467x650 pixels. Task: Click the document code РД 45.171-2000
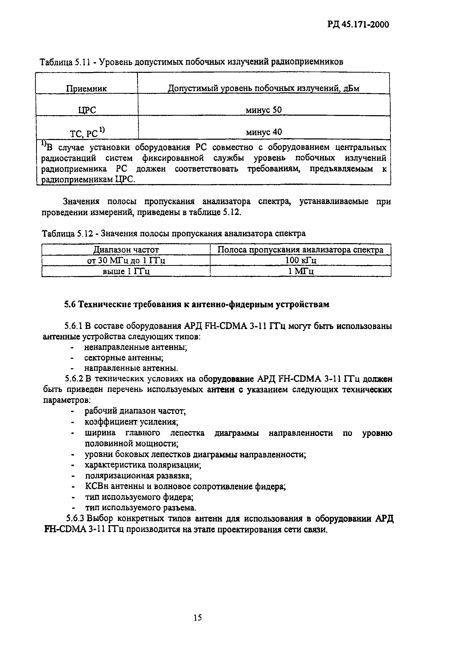tap(358, 25)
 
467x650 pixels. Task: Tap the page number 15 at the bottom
tap(198, 617)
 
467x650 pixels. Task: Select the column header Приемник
tap(86, 88)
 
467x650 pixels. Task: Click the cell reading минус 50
tap(264, 110)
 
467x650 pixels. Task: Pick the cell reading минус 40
tap(264, 132)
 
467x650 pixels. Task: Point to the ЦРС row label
tap(87, 110)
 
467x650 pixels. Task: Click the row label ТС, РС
tap(87, 133)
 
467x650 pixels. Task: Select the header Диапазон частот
tap(126, 250)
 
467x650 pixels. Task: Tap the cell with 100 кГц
tap(300, 260)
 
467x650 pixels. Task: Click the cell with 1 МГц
tap(300, 271)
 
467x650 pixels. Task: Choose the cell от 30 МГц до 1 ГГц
tap(126, 260)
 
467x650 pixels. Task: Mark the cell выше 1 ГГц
tap(126, 271)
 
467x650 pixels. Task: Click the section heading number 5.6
tap(70, 304)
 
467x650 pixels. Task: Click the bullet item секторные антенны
tap(124, 358)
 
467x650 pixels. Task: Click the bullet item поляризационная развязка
tap(138, 476)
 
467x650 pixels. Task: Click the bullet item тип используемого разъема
tap(141, 508)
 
